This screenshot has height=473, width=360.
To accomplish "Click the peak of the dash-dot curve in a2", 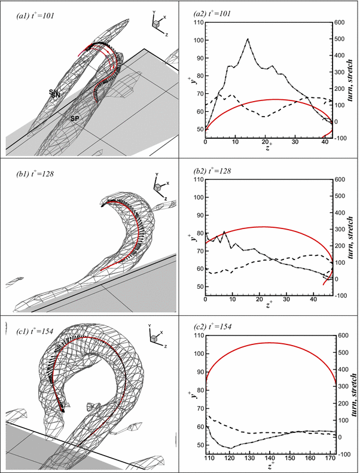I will (248, 39).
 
